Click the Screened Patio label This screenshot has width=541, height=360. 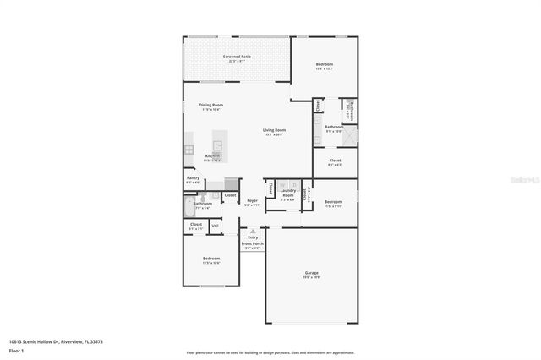[237, 57]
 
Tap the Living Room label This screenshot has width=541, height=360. [274, 130]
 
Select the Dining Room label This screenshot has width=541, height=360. [199, 105]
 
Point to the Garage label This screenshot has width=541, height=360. [312, 273]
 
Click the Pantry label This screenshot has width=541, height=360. [194, 178]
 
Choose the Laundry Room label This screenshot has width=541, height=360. [288, 194]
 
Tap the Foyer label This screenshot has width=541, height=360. [252, 200]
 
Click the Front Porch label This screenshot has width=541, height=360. [254, 243]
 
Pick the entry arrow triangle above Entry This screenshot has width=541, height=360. [252, 229]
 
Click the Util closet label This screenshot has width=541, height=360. [215, 225]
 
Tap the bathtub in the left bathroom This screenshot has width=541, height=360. [189, 207]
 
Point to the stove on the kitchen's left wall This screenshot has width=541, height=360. [189, 150]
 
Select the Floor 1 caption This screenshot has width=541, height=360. [16, 349]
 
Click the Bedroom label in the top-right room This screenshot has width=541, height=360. [325, 65]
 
